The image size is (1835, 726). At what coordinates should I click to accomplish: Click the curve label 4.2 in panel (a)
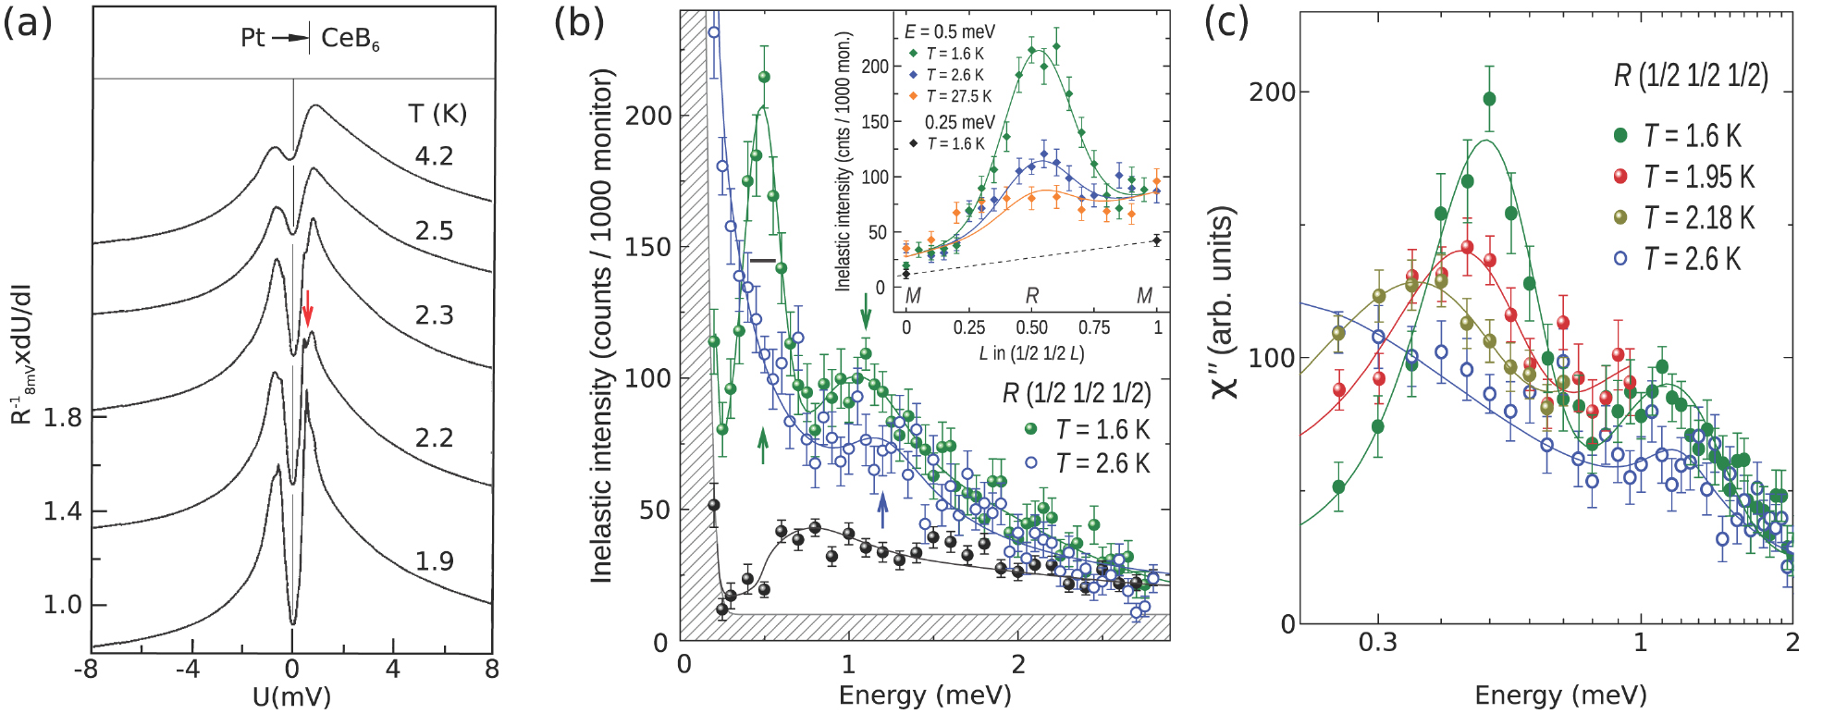(434, 155)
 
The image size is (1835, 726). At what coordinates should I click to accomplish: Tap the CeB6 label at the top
(350, 39)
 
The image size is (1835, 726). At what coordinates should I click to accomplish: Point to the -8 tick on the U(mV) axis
(86, 669)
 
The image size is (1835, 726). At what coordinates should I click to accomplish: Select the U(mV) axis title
(291, 696)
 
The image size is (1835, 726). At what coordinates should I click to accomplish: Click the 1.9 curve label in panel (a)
(434, 561)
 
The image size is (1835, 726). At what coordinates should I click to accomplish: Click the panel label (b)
(578, 22)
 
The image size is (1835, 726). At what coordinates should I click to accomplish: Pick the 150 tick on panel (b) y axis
(647, 247)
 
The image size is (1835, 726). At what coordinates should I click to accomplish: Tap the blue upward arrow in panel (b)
(882, 510)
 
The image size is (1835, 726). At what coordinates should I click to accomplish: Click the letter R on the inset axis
(1032, 296)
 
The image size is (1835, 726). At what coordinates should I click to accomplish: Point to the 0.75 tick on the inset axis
(1094, 327)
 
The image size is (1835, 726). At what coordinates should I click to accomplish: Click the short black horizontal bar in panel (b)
(763, 261)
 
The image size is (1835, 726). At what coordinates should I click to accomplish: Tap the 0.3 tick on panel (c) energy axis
(1377, 643)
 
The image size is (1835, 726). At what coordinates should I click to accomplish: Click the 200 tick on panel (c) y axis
(1273, 92)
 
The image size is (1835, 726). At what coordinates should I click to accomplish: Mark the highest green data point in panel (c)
(1489, 99)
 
